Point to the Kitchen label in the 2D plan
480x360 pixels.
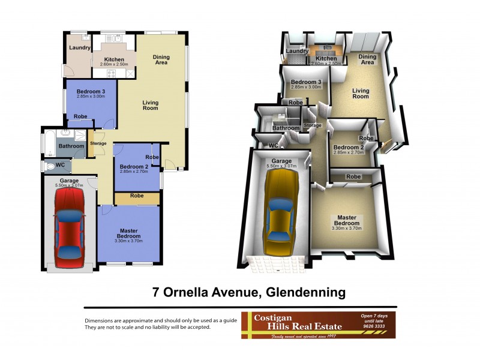pos(114,59)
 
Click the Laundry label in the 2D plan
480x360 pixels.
pos(79,48)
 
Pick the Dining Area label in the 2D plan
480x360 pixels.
pos(161,60)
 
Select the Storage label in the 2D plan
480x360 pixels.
pos(98,143)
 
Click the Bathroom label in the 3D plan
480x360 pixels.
pos(286,128)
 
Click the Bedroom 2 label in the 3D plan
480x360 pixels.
pos(348,148)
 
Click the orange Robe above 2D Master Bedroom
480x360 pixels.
pos(137,197)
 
